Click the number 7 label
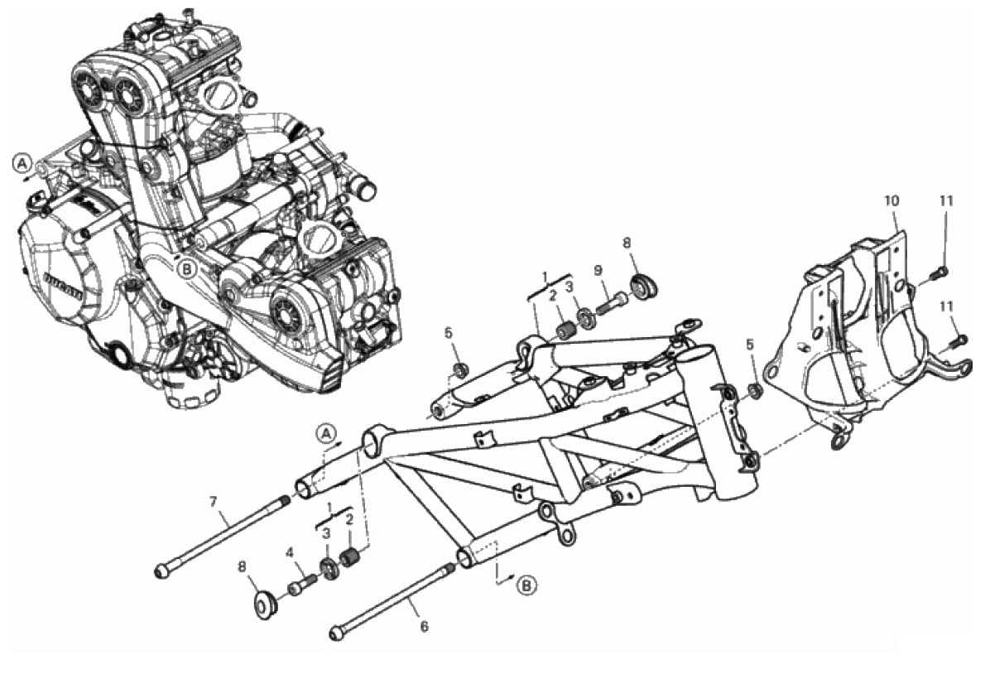(213, 503)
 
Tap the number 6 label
(425, 626)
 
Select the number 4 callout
(290, 553)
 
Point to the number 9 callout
(598, 272)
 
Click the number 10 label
(891, 200)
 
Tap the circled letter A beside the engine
(22, 163)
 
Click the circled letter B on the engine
(188, 270)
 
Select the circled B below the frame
(526, 586)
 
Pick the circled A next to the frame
(326, 433)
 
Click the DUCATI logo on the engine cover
(64, 287)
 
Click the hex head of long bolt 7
(161, 571)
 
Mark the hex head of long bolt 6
(337, 633)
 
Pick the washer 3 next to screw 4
(329, 567)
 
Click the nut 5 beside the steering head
(754, 390)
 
